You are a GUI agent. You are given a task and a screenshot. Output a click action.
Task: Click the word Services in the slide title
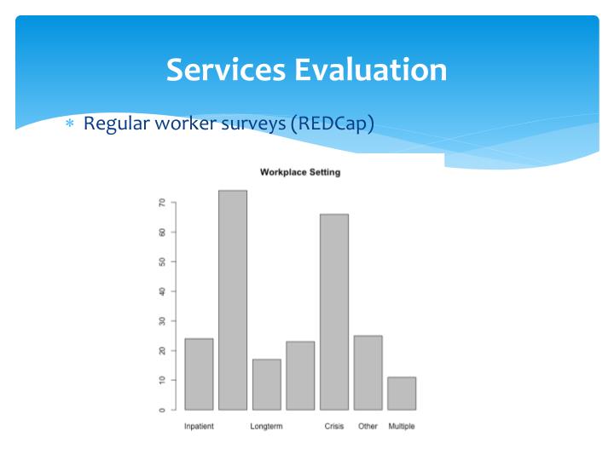coord(226,69)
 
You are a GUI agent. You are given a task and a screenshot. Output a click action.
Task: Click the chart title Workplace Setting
coord(300,172)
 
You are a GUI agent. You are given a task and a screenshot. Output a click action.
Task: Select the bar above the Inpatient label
coord(199,374)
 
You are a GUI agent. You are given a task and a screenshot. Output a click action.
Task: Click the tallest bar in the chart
coord(233,300)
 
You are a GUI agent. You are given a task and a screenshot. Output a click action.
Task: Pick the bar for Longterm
coord(266,384)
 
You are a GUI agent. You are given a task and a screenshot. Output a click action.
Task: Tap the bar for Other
coord(368,372)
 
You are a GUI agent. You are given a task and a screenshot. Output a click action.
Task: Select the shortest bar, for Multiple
coord(402,393)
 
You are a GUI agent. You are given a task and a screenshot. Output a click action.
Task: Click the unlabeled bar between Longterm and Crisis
coord(300,375)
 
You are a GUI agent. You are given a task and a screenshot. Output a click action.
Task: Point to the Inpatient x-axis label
coord(199,426)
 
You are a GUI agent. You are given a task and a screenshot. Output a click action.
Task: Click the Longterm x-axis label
coord(266,426)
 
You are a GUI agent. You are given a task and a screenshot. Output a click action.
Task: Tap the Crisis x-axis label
coord(334,426)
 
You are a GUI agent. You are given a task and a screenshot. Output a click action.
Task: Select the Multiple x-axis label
coord(402,426)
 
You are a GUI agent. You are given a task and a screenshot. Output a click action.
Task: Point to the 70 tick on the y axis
coord(161,203)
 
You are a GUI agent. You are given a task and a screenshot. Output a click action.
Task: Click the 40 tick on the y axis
coord(161,291)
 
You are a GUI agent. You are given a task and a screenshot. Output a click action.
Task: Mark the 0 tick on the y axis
coord(161,410)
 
